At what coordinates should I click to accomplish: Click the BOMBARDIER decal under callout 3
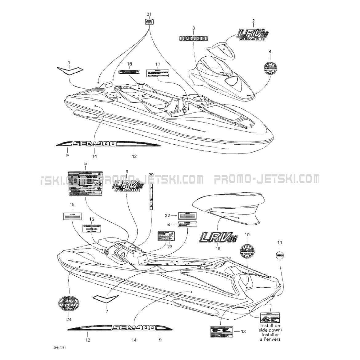193,38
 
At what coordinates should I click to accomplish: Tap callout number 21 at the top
149,14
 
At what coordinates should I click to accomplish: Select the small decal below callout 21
149,22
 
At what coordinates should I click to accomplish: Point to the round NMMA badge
279,255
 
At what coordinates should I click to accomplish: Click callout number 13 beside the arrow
243,332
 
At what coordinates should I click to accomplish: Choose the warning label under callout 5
85,184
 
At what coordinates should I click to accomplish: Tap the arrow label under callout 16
92,229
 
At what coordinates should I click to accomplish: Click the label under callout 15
72,216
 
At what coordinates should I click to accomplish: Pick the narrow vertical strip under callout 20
151,197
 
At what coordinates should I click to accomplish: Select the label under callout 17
158,73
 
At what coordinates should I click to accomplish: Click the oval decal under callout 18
130,72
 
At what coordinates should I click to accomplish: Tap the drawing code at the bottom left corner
59,348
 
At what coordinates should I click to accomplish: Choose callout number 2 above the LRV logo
254,21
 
